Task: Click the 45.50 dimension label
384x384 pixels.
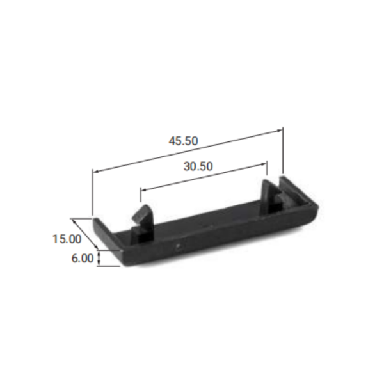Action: click(x=183, y=141)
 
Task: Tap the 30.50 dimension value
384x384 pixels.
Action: click(x=198, y=166)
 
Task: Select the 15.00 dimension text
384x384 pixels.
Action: click(x=67, y=239)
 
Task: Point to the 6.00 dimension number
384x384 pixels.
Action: click(x=83, y=259)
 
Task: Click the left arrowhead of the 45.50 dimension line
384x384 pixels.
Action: click(x=95, y=171)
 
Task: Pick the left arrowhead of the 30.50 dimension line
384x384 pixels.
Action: click(x=143, y=189)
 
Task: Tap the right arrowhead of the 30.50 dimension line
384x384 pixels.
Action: click(x=264, y=164)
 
